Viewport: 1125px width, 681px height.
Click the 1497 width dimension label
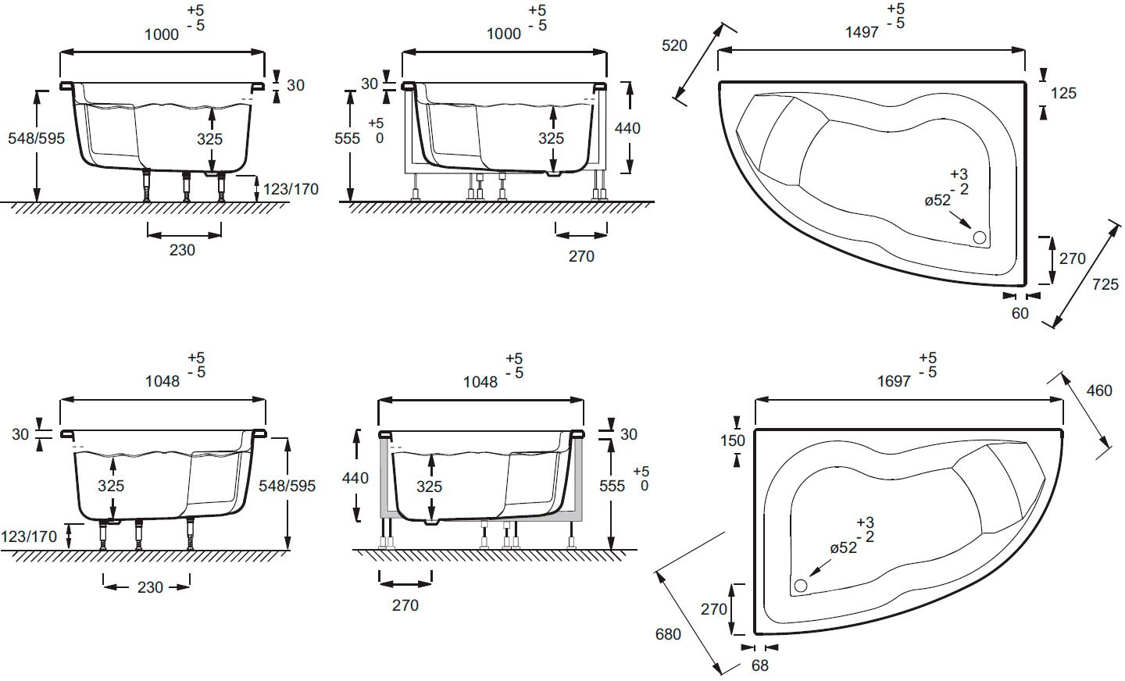coord(862,33)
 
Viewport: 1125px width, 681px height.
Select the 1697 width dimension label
coord(894,382)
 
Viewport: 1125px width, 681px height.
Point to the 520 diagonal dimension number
coord(674,46)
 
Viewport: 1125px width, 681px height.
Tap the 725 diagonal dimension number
coord(1105,285)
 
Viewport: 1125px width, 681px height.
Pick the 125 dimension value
coord(1063,93)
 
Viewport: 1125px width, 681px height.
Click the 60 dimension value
coord(1020,313)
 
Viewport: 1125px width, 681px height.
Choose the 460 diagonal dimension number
coord(1099,390)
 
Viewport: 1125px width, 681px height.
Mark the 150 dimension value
coord(733,441)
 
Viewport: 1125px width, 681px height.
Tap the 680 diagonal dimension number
coord(668,634)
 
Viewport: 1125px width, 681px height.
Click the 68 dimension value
coord(760,665)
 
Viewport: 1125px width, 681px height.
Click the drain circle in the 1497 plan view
coord(980,237)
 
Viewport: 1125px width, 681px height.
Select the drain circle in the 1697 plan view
coord(801,586)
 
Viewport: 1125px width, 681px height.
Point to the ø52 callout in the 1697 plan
coord(844,547)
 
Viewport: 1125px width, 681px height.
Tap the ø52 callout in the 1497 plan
coord(937,201)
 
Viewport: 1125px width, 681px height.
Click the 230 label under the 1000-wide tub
coord(182,250)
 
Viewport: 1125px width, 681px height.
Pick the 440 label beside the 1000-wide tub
coord(627,129)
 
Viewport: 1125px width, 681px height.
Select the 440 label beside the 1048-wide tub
coord(355,478)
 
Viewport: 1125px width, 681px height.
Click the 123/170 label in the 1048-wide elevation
coord(29,537)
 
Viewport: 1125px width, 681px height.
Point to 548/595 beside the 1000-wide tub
coord(36,138)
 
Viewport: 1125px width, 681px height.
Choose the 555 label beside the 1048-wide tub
coord(612,486)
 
